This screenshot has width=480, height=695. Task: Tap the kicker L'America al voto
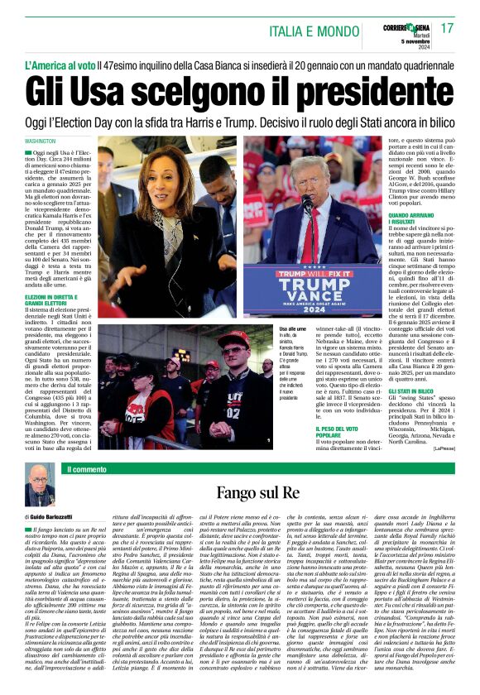coord(59,63)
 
